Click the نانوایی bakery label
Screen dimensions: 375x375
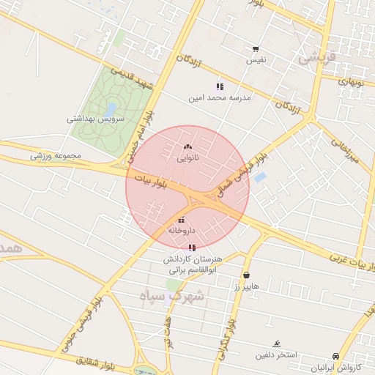pos(187,157)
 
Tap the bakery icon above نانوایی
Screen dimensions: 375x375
pos(187,147)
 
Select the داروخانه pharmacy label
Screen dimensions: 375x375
pos(181,230)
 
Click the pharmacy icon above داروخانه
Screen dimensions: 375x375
pos(181,220)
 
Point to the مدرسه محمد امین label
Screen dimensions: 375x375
pos(220,97)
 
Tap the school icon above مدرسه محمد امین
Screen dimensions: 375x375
pos(220,86)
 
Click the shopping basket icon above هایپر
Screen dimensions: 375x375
pos(246,275)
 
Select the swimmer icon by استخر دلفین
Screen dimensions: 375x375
pos(276,344)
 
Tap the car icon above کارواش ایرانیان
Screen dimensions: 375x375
pos(335,355)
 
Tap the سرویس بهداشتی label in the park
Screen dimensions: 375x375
pos(96,118)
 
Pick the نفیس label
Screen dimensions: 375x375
pos(256,59)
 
